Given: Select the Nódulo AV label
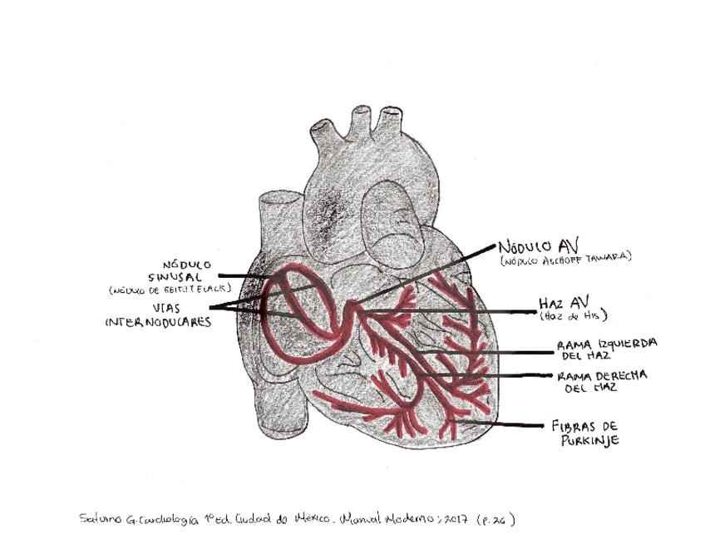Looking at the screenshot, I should click(538, 246).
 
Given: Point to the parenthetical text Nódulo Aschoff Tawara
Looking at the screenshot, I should click(565, 259).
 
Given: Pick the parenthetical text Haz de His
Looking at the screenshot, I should click(573, 315).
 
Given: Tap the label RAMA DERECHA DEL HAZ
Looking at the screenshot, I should click(601, 381).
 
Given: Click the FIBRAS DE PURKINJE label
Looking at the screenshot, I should click(584, 433).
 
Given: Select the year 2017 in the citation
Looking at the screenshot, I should click(456, 519).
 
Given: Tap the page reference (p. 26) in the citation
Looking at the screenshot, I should click(496, 519).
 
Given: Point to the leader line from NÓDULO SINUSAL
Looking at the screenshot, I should click(241, 275).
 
